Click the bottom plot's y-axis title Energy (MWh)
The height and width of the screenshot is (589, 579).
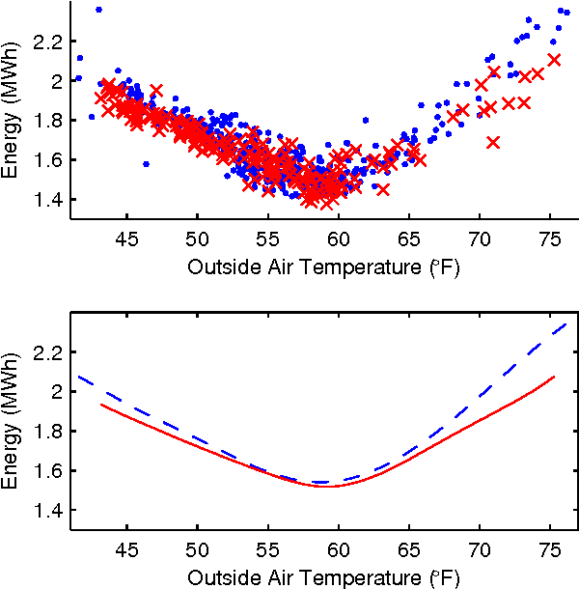[13, 432]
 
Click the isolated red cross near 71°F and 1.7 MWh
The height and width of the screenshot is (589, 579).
[493, 142]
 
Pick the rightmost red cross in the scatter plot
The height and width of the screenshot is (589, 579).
[554, 59]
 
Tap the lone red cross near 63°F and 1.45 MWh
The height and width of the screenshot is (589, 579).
[383, 189]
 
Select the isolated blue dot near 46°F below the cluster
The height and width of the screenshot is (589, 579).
[146, 164]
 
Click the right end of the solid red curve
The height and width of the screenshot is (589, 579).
[554, 377]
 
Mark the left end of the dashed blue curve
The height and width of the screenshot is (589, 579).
[78, 377]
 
